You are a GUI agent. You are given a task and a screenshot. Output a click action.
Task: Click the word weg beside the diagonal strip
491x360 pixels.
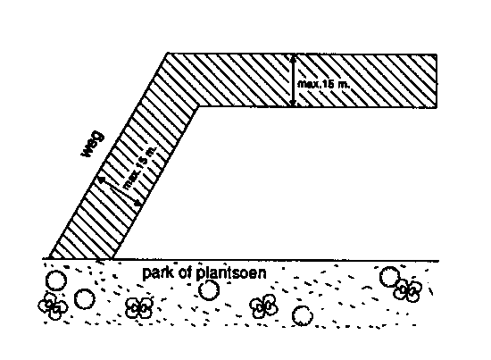coord(93,144)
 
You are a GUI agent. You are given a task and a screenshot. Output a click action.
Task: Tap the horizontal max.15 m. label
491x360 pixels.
coord(323,84)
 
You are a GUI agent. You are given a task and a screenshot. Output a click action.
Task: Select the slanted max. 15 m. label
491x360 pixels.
coord(139,168)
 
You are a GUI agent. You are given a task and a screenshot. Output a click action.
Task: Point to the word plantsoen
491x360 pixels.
coord(231,272)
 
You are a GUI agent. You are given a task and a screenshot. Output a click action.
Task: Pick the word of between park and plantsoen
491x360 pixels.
coord(185,272)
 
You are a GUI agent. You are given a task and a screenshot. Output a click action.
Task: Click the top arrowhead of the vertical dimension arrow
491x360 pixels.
coord(293,57)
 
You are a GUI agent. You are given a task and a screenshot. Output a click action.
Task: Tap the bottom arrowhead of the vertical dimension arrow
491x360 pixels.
coord(293,103)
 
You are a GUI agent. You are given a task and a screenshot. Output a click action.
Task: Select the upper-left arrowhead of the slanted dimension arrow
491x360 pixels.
coord(101,180)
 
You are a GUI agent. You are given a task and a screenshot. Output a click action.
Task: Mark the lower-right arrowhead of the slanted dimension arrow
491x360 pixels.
coord(137,203)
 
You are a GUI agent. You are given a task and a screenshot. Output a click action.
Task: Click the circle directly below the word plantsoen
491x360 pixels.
coord(209,289)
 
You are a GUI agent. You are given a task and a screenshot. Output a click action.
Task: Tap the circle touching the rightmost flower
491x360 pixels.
coord(389,277)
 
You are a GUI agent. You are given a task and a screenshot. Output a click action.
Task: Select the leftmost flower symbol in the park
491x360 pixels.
coord(53,306)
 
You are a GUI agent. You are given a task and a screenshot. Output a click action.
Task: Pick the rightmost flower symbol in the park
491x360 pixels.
coord(408,290)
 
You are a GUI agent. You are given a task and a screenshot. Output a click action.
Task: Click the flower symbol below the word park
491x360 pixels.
coord(139,307)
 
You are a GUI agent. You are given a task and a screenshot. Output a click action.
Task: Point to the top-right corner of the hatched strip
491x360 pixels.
coord(437,54)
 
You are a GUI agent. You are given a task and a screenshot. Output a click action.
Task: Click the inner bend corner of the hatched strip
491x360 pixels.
coord(198,107)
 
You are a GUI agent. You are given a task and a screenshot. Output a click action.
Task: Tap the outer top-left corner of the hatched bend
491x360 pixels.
coord(168,54)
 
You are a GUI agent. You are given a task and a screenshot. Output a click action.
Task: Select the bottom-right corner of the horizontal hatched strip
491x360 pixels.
coord(437,107)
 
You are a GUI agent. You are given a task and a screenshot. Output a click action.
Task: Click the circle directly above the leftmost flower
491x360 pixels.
coord(56,280)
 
